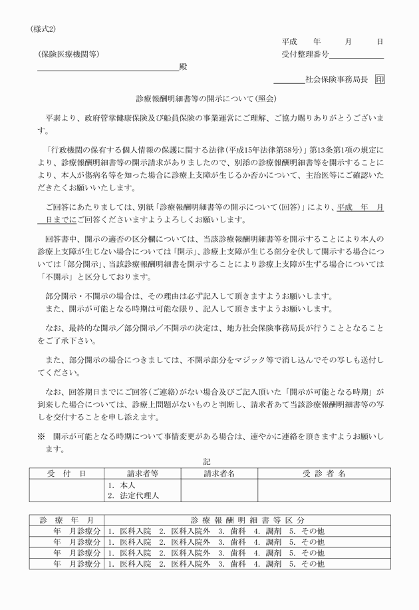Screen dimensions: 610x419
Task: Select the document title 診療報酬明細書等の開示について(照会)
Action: tap(209, 98)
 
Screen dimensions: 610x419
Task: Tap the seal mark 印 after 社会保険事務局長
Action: tap(379, 79)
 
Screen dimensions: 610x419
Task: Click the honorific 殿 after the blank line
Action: tap(183, 67)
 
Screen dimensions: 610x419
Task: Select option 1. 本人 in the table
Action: tap(121, 485)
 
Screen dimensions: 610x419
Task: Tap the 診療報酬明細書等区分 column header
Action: tap(247, 519)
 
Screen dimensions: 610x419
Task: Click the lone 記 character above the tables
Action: tap(207, 461)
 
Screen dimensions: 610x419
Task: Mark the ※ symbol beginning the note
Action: tap(41, 436)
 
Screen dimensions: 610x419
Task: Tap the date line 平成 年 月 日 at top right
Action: tap(332, 41)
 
